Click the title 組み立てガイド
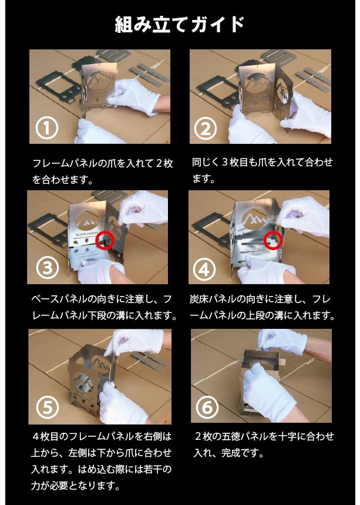(x=180, y=25)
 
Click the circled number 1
(x=47, y=127)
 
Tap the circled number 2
(x=205, y=127)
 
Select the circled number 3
(x=47, y=268)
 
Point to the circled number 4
(x=205, y=269)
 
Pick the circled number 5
(x=47, y=407)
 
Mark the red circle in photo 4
(x=274, y=239)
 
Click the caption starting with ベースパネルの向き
(x=104, y=307)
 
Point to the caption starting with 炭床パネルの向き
(x=262, y=307)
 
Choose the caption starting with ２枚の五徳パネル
(x=264, y=445)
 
